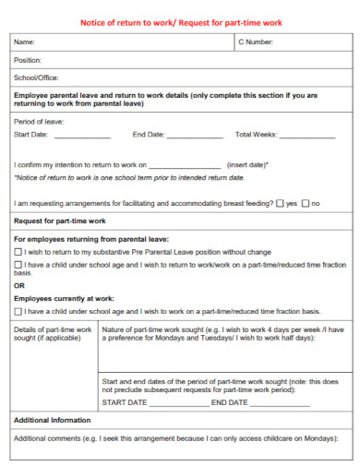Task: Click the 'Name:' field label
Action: pyautogui.click(x=24, y=42)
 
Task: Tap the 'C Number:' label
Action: pyautogui.click(x=256, y=42)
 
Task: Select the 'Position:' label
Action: pyautogui.click(x=28, y=60)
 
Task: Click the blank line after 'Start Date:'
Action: pyautogui.click(x=84, y=136)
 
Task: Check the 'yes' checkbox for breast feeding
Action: pyautogui.click(x=281, y=203)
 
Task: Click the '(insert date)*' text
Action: pyautogui.click(x=247, y=164)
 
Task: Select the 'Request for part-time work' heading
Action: pyautogui.click(x=61, y=221)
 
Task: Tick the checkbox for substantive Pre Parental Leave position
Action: pyautogui.click(x=18, y=251)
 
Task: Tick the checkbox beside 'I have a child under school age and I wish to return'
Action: pyautogui.click(x=18, y=265)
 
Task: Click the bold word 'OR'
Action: pyautogui.click(x=19, y=285)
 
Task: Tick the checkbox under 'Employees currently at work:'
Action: pyautogui.click(x=18, y=311)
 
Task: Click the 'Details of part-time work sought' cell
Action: pyautogui.click(x=51, y=333)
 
